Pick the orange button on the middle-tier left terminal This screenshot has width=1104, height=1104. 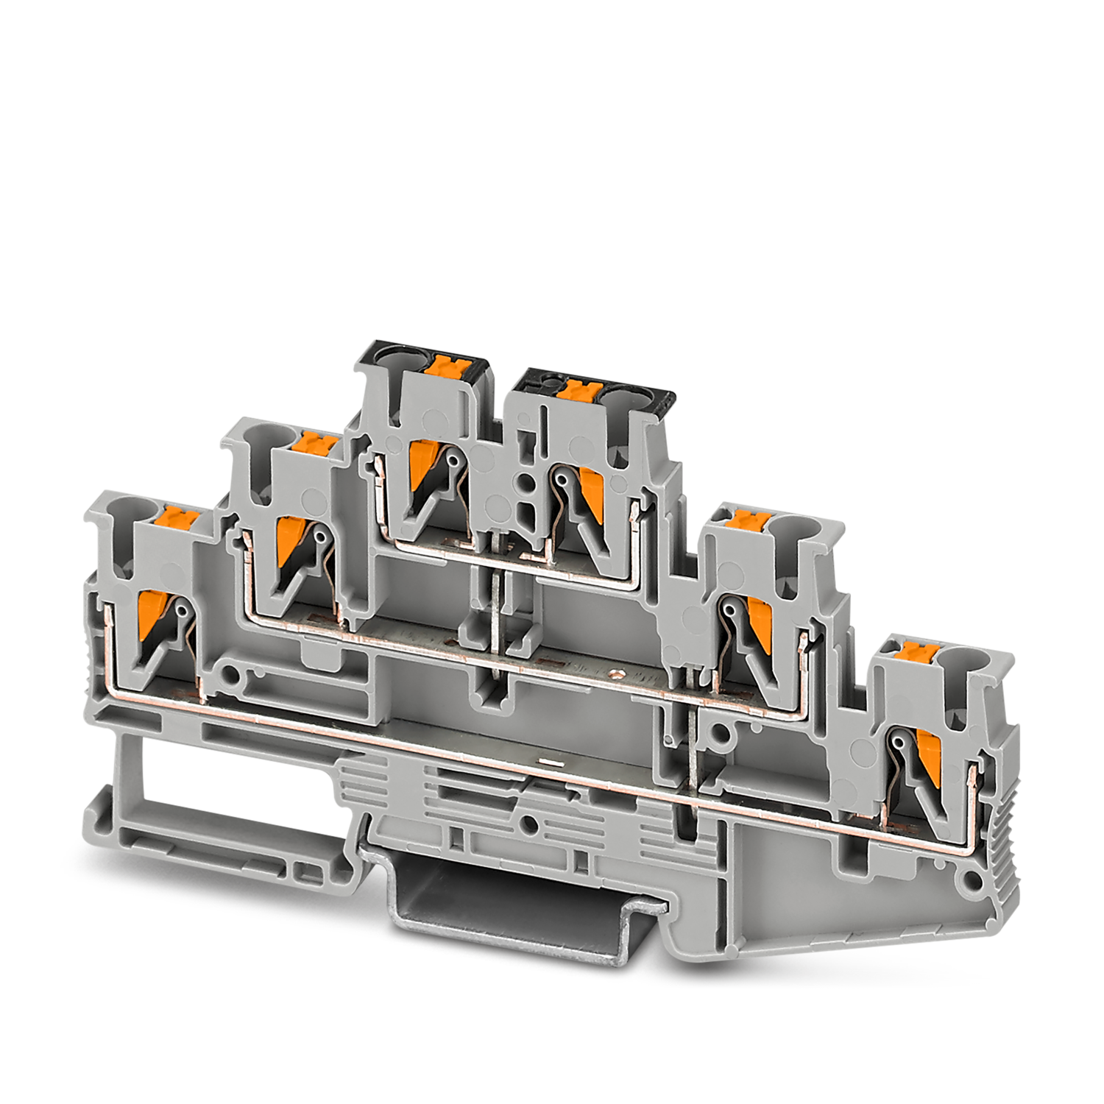pyautogui.click(x=315, y=443)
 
